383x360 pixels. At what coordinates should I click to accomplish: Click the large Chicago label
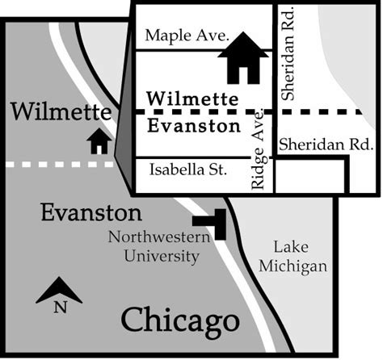coord(180,320)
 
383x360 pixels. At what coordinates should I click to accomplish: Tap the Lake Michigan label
coord(300,256)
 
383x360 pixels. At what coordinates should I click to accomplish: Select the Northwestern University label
coord(154,247)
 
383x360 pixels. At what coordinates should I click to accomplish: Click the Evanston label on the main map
coord(91,214)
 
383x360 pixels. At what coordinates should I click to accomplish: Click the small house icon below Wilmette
coord(99,141)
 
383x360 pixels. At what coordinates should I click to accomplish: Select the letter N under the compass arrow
coord(59,307)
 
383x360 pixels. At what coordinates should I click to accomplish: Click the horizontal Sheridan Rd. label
coord(324,144)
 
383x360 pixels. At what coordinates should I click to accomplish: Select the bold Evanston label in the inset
coord(194,126)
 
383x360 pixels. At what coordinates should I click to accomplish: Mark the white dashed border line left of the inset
coord(57,164)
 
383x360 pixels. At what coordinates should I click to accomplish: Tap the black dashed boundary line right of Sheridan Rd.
coord(331,111)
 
